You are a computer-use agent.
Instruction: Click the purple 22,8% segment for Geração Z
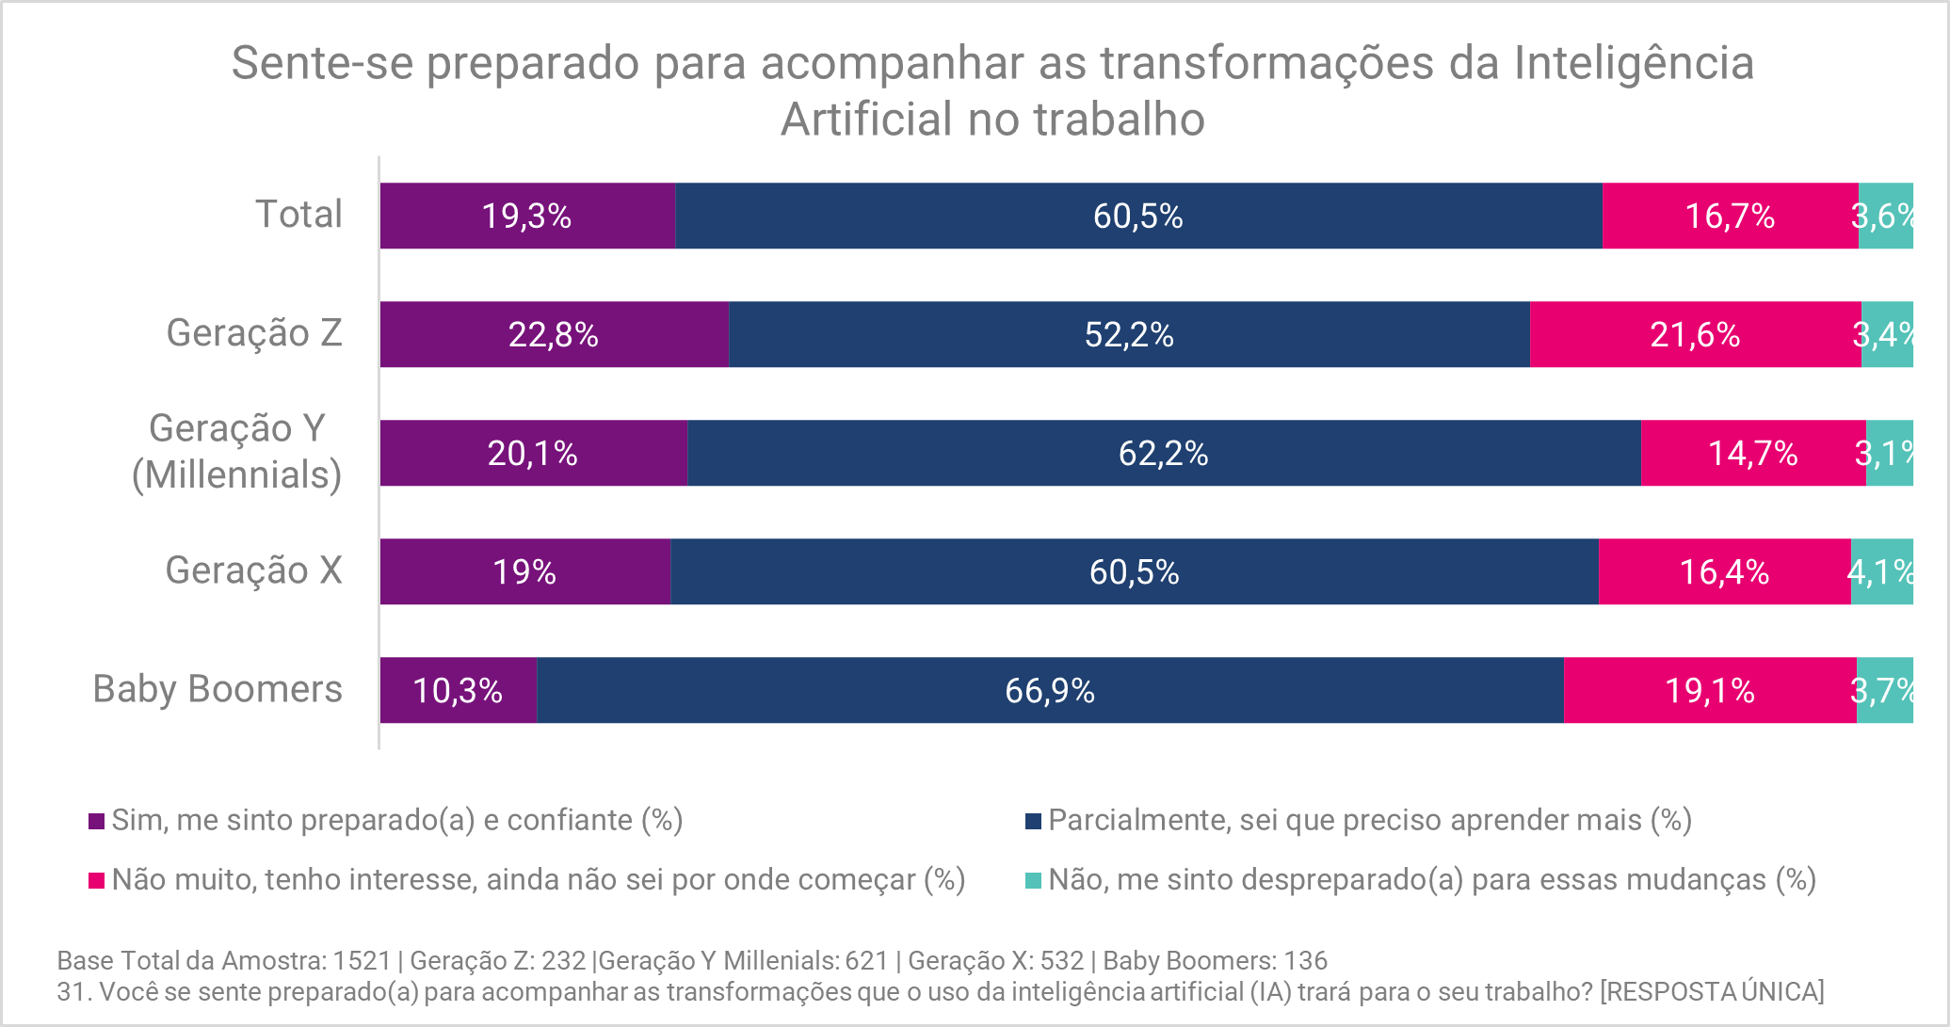(x=554, y=334)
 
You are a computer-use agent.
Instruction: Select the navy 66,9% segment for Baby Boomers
(x=1050, y=690)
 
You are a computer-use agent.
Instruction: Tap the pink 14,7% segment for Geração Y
(x=1753, y=453)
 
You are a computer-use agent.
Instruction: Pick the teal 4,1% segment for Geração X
(x=1882, y=571)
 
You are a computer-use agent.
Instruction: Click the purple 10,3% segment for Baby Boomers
(x=458, y=690)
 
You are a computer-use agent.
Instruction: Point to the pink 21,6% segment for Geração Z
(x=1695, y=334)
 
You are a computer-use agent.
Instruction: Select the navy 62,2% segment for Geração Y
(x=1164, y=453)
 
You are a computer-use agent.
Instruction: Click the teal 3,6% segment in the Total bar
(x=1886, y=216)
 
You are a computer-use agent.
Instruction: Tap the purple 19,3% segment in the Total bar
(x=527, y=216)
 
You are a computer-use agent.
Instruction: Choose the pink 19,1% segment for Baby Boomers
(x=1710, y=690)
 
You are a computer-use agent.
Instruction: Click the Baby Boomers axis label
(x=218, y=689)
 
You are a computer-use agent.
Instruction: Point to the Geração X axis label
(x=253, y=570)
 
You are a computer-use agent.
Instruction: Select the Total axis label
(x=298, y=215)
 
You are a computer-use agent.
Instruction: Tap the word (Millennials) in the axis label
(x=236, y=474)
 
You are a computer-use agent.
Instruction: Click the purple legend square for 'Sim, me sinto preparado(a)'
(x=96, y=821)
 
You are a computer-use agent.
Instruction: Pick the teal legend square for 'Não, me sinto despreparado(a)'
(x=1033, y=880)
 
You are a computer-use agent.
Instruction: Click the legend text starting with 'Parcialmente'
(x=1370, y=820)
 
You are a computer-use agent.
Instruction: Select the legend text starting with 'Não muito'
(x=539, y=879)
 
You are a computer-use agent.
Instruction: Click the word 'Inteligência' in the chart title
(x=1634, y=64)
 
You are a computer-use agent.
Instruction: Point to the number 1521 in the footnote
(x=362, y=960)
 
